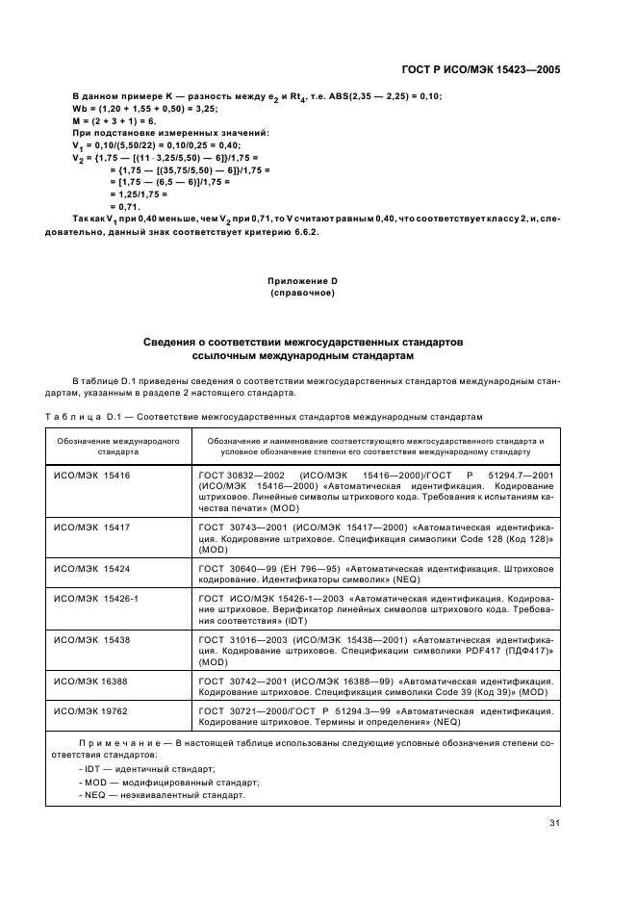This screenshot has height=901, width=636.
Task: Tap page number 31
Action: click(x=554, y=822)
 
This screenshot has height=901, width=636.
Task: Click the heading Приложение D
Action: click(x=302, y=280)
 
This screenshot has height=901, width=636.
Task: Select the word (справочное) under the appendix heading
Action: click(x=302, y=293)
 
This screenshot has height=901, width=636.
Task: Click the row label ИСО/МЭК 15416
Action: click(x=91, y=476)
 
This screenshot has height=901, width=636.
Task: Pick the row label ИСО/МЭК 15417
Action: click(x=91, y=528)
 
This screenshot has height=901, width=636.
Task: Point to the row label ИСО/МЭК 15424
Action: click(x=91, y=570)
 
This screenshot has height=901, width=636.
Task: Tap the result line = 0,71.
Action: click(x=125, y=206)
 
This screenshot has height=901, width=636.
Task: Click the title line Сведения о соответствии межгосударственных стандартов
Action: click(x=302, y=343)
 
